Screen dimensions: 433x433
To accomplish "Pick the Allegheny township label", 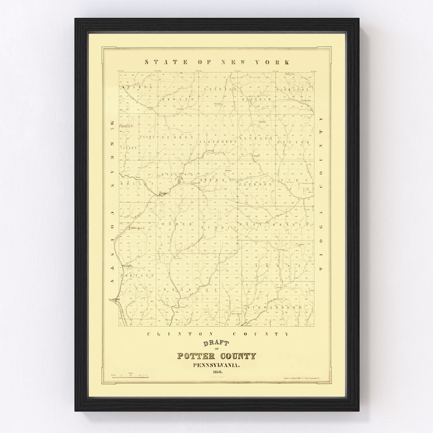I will coord(219,140).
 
